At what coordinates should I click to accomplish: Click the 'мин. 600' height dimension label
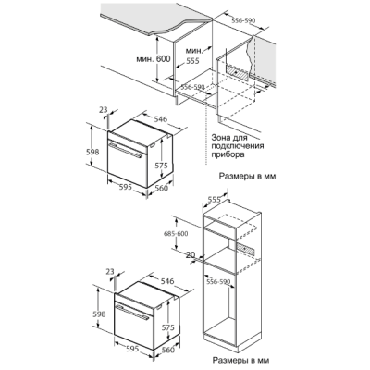tap(154, 58)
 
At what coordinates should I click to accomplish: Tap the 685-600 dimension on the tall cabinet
tap(176, 233)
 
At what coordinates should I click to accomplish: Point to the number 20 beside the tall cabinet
tap(191, 254)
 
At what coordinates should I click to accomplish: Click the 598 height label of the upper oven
tap(92, 152)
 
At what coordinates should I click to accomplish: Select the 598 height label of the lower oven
tap(99, 314)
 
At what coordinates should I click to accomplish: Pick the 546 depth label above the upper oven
tap(160, 119)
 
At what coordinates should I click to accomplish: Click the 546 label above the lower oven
tap(167, 281)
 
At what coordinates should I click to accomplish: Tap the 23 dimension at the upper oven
tap(104, 109)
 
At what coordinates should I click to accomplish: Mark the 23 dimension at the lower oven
tap(110, 272)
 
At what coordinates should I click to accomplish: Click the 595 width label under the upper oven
tap(125, 187)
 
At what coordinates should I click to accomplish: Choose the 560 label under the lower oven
tap(168, 350)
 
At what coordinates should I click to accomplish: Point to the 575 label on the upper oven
tap(161, 166)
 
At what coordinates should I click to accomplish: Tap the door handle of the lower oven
tap(132, 312)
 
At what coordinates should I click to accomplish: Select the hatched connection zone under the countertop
tap(238, 72)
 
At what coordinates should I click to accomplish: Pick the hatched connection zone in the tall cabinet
tap(246, 248)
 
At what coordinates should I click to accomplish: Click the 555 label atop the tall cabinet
tap(214, 200)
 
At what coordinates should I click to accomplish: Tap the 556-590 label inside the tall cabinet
tap(219, 281)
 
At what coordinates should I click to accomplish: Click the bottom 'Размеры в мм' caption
tap(240, 360)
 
